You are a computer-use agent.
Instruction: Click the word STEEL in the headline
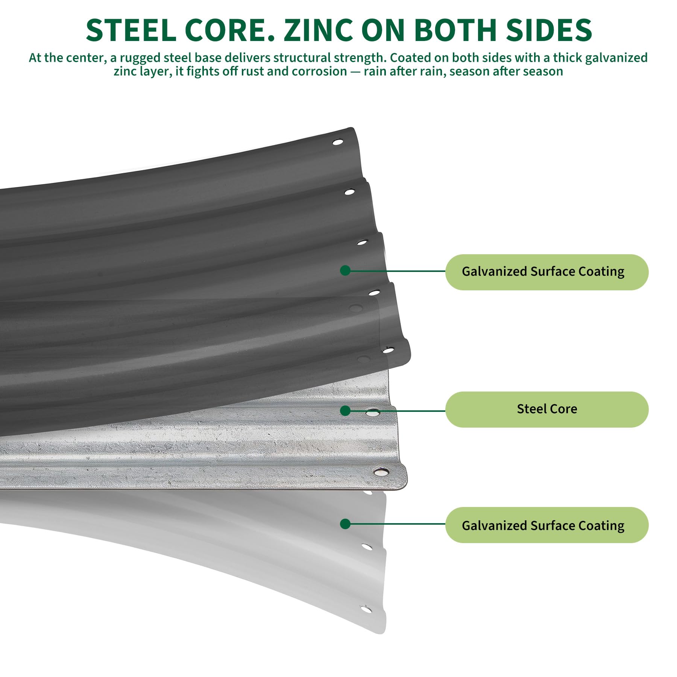click(x=131, y=30)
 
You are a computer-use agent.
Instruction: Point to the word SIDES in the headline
click(x=549, y=30)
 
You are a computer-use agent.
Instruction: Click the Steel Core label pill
click(x=547, y=409)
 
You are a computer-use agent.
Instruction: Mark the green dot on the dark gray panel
click(x=345, y=270)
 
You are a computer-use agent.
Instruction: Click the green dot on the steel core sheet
click(x=345, y=411)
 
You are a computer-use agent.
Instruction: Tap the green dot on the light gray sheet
click(x=345, y=524)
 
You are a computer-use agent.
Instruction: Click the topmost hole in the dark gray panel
click(x=337, y=142)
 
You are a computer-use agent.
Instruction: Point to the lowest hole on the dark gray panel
click(x=387, y=351)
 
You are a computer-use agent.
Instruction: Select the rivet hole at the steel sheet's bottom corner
click(x=381, y=471)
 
